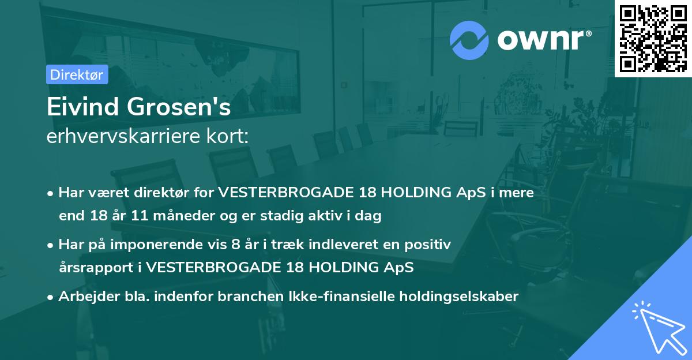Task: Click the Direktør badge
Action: point(77,74)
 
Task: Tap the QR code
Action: point(653,38)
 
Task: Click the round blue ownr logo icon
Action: point(469,40)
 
